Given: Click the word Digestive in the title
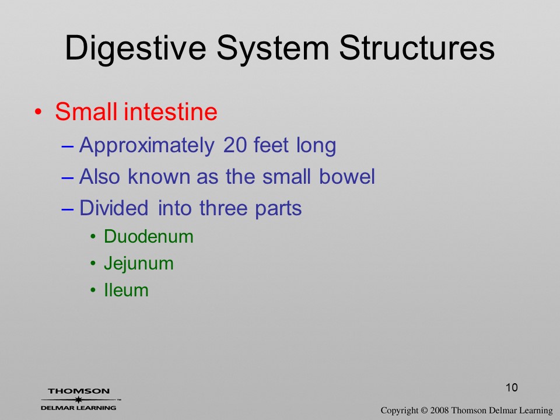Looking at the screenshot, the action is pos(136,48).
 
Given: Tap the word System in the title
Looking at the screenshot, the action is pos(273,48).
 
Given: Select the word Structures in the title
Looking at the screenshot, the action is pos(416,48).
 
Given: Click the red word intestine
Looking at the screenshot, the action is pos(170,111).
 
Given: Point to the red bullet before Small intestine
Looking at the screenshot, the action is pos(38,112).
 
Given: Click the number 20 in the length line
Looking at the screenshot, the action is pos(235,145).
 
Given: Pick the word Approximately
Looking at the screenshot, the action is pos(147,146).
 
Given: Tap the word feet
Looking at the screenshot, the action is pos(271,145).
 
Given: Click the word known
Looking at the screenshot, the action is pos(159,176).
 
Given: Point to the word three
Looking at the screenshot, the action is pos(223,208).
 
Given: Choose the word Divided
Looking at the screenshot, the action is pos(114,208).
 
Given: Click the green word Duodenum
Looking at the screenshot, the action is pos(149,236).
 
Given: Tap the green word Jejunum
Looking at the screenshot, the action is pos(139,264).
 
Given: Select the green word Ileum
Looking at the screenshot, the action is pos(126,290).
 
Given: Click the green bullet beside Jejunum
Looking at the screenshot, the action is pos(93,264).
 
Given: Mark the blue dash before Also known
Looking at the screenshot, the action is pos(68,177).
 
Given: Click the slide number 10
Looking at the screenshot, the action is pos(512,387).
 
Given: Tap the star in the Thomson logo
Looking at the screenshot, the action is pos(78,399).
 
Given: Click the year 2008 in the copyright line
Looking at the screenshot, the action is pos(439,410).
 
